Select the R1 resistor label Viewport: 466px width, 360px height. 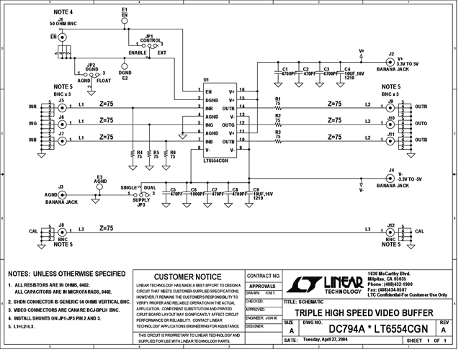click(x=278, y=99)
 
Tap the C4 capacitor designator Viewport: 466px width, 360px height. click(x=348, y=69)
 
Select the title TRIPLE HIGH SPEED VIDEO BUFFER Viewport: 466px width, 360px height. click(x=364, y=312)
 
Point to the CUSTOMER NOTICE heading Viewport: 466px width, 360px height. click(x=188, y=276)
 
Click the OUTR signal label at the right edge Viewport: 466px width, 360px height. click(x=421, y=107)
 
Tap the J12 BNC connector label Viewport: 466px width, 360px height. click(x=390, y=225)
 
